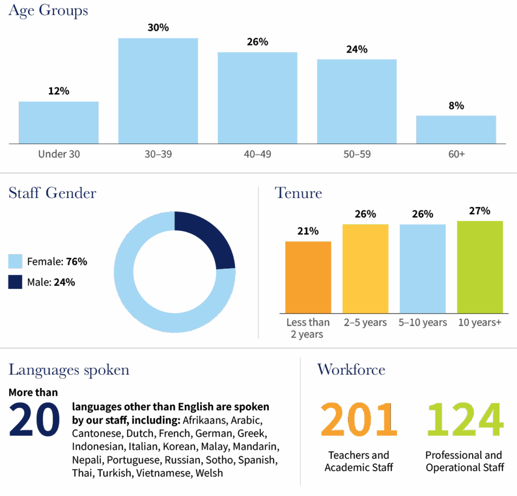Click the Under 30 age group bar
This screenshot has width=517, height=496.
tap(59, 122)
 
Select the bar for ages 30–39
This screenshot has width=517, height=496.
tap(158, 91)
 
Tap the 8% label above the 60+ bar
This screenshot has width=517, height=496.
tap(456, 106)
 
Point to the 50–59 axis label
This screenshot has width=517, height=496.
tap(357, 154)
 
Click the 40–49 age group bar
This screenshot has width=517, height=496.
tap(257, 98)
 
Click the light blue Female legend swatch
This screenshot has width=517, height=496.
tap(15, 261)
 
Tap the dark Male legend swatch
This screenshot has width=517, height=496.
tap(15, 282)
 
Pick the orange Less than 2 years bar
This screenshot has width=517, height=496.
tap(308, 277)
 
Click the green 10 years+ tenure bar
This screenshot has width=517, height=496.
tap(480, 267)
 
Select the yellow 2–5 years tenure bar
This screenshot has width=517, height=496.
tap(366, 269)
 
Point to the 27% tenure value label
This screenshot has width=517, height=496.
tap(480, 211)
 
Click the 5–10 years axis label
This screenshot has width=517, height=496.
tap(423, 323)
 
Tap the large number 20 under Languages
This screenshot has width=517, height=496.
tap(34, 420)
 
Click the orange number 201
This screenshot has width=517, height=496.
tap(359, 419)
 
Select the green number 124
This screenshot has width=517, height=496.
tap(465, 419)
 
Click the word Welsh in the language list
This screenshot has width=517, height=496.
tap(209, 473)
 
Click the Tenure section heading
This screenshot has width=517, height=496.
tap(298, 193)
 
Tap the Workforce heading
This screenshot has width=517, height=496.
tap(351, 369)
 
